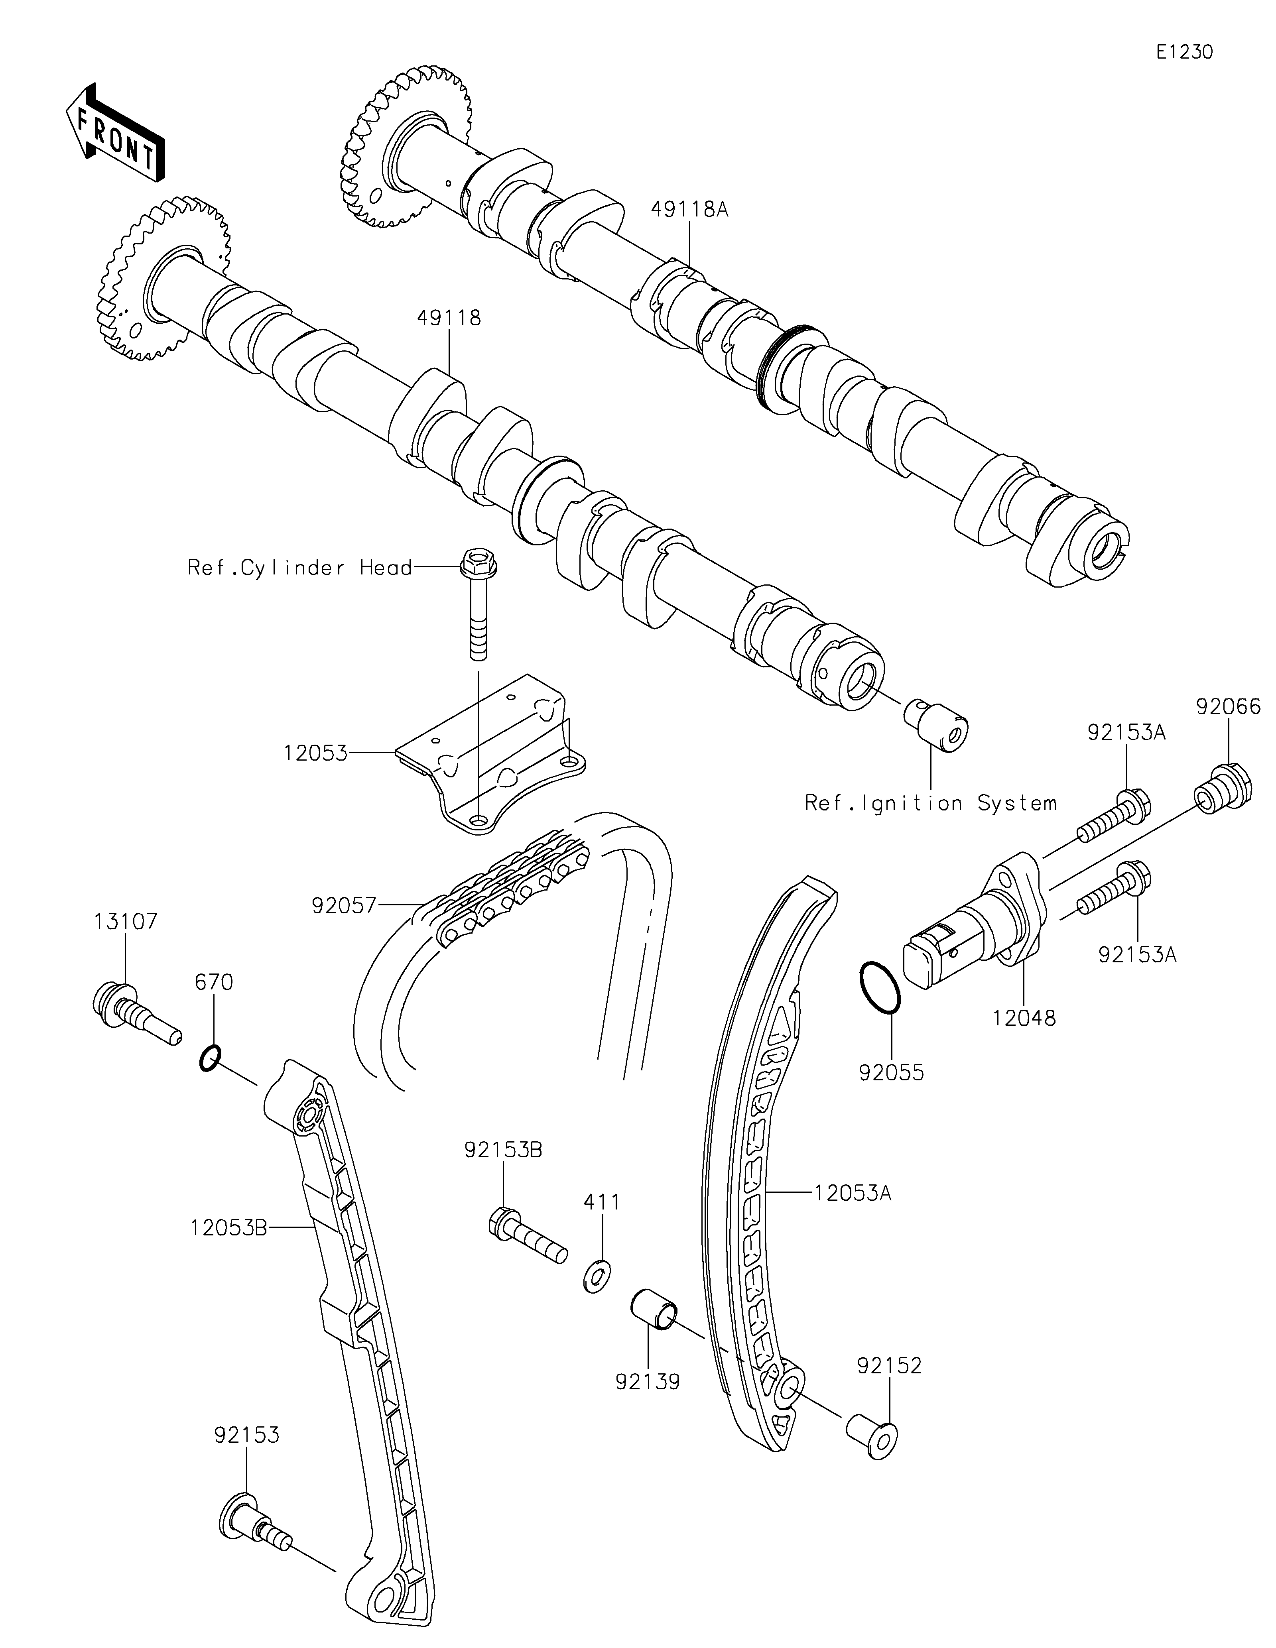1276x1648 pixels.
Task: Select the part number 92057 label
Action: point(343,905)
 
